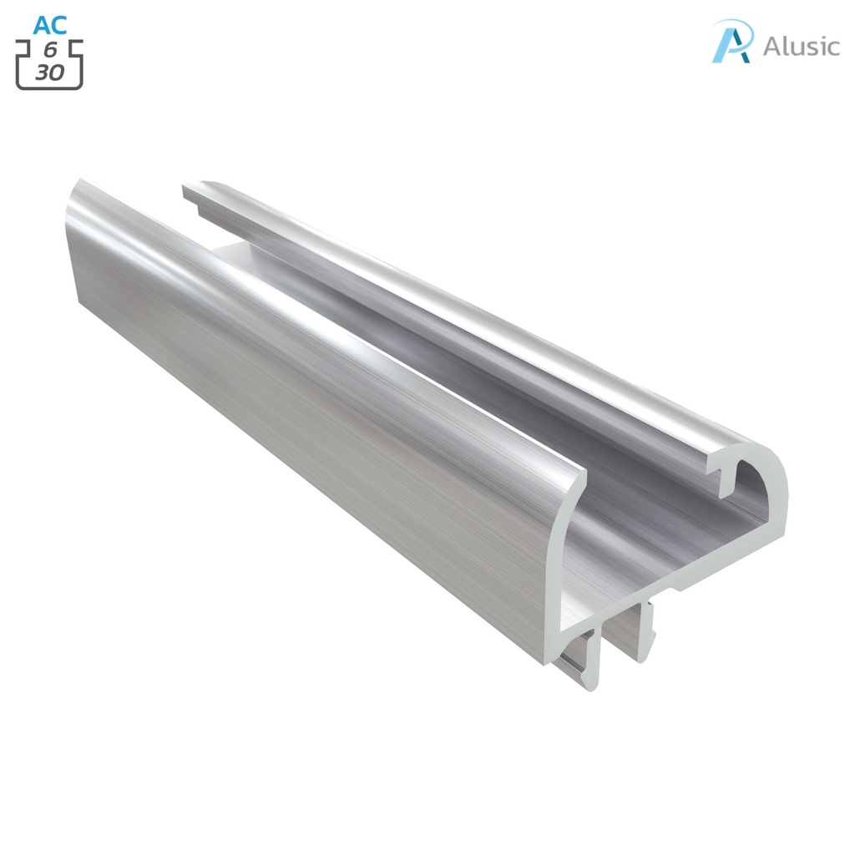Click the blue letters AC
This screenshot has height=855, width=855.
(x=50, y=25)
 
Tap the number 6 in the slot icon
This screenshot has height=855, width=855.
(x=50, y=52)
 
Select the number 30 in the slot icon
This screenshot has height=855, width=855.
(x=49, y=73)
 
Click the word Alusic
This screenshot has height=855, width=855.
(x=801, y=46)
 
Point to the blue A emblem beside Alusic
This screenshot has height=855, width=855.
(x=732, y=42)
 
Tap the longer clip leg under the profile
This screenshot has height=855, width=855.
(x=591, y=664)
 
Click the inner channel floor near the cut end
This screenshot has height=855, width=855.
(x=635, y=534)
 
